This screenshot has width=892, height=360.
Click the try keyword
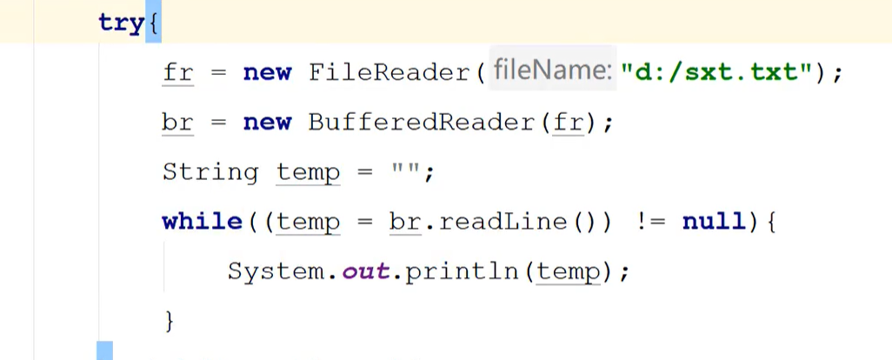click(121, 23)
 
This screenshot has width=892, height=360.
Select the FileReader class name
click(390, 73)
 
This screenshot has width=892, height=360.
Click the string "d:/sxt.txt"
click(720, 73)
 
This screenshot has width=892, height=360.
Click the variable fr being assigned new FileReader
click(177, 73)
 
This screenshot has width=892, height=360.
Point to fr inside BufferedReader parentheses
click(568, 123)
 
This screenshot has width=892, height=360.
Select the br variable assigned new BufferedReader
click(177, 123)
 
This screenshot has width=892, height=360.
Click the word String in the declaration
click(210, 172)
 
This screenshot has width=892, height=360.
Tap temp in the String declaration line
click(308, 172)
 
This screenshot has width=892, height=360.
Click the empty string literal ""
click(405, 172)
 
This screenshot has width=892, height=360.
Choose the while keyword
click(202, 222)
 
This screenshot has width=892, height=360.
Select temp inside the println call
click(569, 271)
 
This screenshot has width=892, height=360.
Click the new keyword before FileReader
click(267, 73)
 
